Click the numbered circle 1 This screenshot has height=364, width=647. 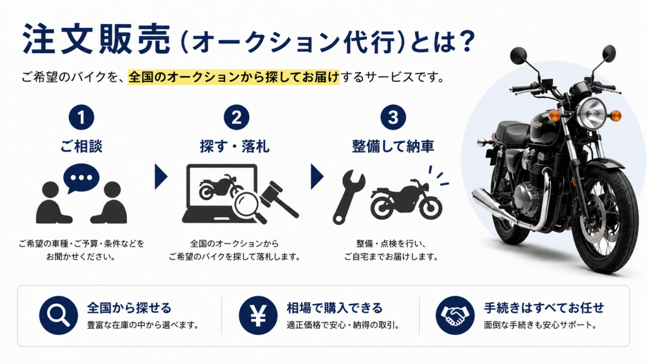(x=82, y=118)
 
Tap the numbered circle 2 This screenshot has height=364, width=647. (x=237, y=118)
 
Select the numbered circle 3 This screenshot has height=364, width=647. (x=393, y=118)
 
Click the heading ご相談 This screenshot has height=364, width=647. (x=82, y=147)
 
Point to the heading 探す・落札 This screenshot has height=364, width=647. (x=235, y=147)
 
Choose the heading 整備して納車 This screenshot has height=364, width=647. (x=393, y=147)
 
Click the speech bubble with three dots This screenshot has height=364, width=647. (x=81, y=178)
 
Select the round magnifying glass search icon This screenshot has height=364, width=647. (x=59, y=315)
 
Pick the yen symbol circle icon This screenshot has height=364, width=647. (x=258, y=315)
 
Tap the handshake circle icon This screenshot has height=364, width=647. (x=455, y=315)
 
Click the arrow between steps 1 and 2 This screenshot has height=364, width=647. (x=161, y=176)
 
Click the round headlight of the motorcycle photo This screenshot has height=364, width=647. (x=591, y=113)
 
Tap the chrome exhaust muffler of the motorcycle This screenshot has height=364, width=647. (x=495, y=205)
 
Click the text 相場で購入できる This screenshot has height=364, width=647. (x=335, y=308)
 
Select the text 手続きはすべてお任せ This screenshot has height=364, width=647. (x=544, y=308)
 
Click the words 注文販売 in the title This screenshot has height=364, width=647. (x=97, y=39)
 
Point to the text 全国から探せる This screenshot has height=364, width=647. (x=129, y=308)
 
